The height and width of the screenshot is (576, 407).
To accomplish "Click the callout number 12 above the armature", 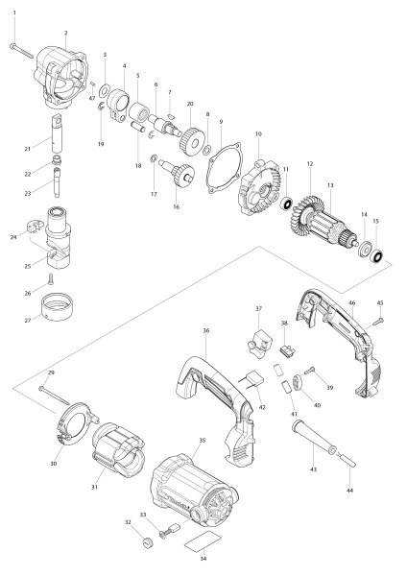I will click(x=309, y=164).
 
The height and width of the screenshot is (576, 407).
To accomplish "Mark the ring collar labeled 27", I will click(x=60, y=312).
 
